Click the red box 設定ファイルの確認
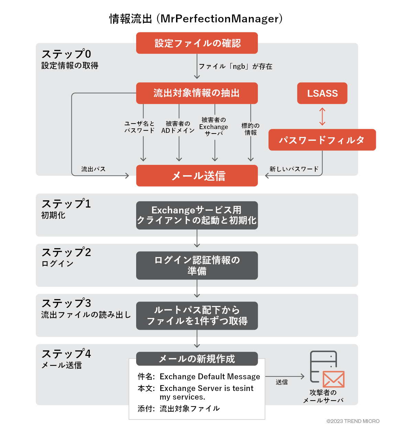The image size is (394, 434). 197,43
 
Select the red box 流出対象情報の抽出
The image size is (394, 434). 197,93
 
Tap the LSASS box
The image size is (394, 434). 322,93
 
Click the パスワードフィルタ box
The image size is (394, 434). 322,140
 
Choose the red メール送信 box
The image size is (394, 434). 197,176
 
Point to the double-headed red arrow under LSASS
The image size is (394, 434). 322,117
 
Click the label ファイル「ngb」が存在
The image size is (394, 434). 236,66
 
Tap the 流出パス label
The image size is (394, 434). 93,169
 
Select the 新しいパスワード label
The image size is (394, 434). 294,169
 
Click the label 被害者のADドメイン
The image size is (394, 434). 178,127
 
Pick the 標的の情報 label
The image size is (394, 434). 250,129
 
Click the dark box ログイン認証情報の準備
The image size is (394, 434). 197,265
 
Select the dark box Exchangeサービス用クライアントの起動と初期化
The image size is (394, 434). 197,215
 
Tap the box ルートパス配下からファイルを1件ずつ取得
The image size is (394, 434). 197,316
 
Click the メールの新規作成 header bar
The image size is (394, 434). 197,359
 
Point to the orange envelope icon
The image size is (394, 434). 333,379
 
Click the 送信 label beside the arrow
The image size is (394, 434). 282,382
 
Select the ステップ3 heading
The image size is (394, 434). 66,303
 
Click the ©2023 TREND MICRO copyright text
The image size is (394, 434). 353,421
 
